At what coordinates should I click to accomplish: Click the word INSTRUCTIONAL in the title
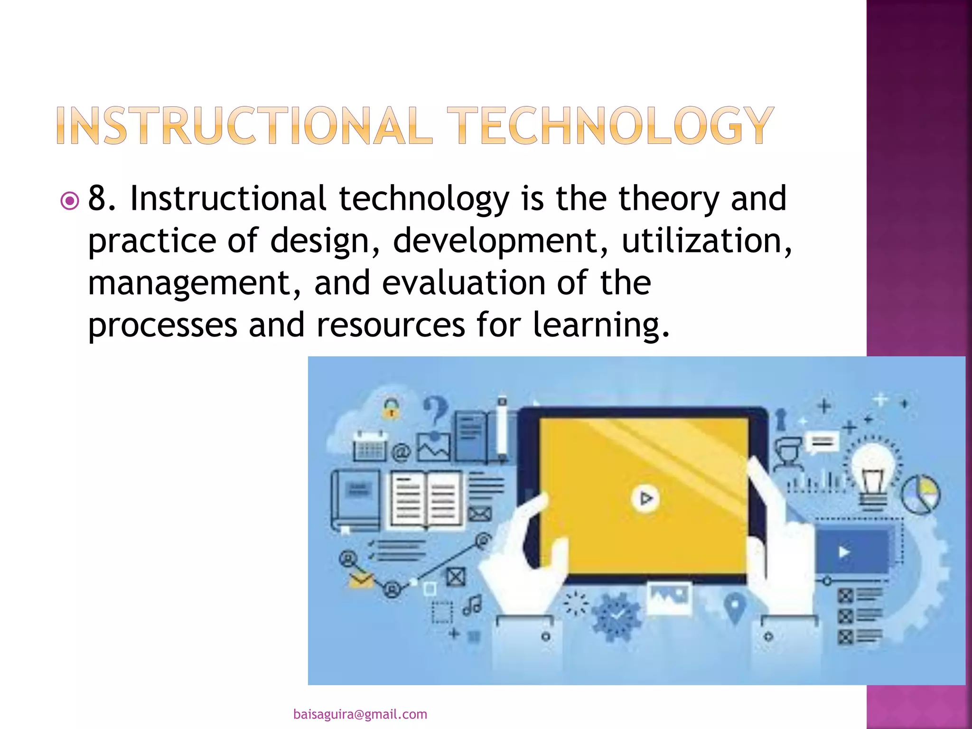(x=244, y=125)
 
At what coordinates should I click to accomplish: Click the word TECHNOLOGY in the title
(x=610, y=125)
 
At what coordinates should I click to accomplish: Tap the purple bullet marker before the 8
(x=70, y=201)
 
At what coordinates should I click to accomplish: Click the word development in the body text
(x=500, y=241)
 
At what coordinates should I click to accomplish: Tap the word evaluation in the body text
(x=464, y=283)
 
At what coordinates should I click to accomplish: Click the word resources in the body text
(x=390, y=325)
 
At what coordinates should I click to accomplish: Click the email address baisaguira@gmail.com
(x=360, y=714)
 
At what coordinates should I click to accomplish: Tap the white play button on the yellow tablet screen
(x=645, y=498)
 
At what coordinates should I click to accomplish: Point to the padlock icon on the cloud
(x=391, y=408)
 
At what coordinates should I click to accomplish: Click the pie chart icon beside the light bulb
(x=920, y=494)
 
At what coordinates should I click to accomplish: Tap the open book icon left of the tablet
(x=425, y=500)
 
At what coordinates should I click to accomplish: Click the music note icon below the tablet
(x=472, y=605)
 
